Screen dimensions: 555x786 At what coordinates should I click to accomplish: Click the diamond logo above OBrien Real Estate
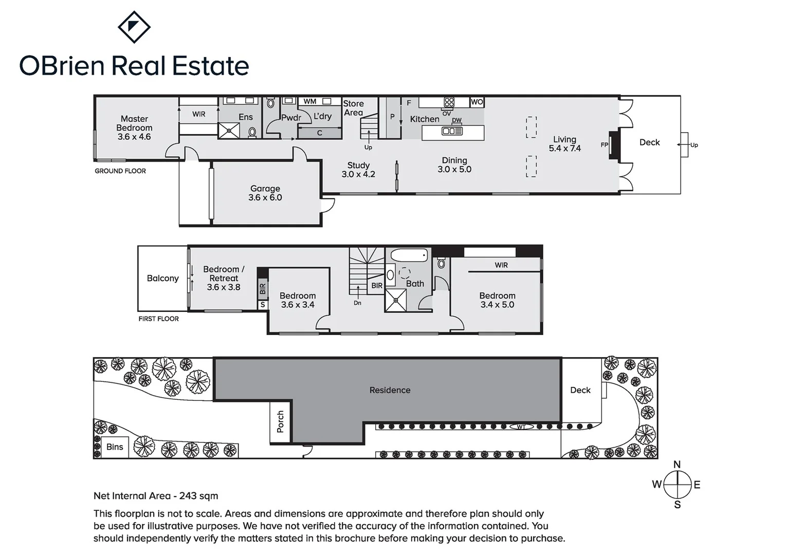(134, 27)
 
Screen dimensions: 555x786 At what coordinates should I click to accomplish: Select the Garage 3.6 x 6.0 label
(265, 193)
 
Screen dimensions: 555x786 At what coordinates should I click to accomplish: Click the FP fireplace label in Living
(605, 145)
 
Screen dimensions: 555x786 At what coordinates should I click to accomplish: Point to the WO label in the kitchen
(477, 102)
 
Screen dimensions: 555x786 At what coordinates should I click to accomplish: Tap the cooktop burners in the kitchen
(449, 102)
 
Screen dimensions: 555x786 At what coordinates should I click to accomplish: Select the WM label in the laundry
(309, 102)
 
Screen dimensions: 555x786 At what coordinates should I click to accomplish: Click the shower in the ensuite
(229, 131)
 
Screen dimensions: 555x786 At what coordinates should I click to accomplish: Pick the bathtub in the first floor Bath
(409, 255)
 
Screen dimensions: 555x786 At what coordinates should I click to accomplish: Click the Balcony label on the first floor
(162, 278)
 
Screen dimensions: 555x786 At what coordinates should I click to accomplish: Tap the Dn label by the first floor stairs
(357, 303)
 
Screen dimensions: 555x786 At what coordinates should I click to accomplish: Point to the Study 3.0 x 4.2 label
(358, 170)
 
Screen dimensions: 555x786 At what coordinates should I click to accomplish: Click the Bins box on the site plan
(115, 447)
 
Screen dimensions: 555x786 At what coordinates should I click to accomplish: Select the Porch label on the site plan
(280, 421)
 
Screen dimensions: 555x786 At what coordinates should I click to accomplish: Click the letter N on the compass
(677, 465)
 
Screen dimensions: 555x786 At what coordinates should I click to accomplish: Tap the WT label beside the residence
(521, 427)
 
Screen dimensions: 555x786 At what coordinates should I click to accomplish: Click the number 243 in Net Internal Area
(188, 496)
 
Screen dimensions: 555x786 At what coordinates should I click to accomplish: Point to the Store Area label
(353, 108)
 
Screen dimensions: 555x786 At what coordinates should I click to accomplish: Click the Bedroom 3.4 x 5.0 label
(497, 300)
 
